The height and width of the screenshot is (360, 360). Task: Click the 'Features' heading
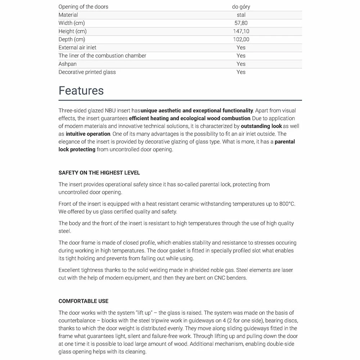[81, 90]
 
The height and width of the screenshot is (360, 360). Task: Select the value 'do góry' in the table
[241, 7]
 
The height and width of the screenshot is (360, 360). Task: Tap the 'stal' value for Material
[241, 15]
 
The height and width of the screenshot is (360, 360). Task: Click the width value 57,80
[241, 23]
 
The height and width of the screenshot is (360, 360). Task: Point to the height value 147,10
[241, 31]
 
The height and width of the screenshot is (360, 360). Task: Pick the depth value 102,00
[241, 39]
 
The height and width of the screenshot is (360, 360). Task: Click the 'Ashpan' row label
[68, 64]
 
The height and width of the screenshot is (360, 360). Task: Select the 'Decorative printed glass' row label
[87, 72]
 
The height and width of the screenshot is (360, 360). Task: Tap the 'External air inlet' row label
[77, 48]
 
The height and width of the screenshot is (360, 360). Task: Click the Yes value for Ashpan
[241, 64]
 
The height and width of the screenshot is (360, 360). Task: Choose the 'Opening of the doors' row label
[83, 7]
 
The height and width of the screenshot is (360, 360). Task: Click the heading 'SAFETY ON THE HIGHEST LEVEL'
[99, 173]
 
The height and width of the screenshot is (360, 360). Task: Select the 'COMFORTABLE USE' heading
[84, 301]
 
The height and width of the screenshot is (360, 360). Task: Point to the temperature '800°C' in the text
[287, 204]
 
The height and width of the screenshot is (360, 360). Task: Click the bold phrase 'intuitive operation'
[88, 134]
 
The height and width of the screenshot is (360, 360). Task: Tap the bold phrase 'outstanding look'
[261, 126]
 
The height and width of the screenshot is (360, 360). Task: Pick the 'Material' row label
[68, 15]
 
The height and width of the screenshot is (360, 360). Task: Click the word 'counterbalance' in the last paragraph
[76, 321]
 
